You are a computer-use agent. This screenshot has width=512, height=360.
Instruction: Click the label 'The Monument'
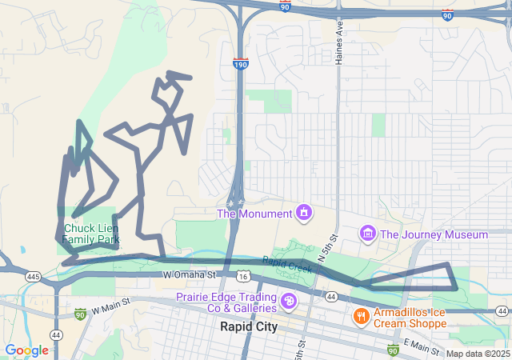(254, 214)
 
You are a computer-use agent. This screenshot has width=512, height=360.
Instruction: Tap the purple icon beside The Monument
(303, 213)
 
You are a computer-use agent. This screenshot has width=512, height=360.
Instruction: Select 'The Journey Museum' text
(434, 234)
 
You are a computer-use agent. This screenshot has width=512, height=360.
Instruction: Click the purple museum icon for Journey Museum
(367, 234)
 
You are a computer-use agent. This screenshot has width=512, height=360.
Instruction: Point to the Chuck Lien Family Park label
(91, 234)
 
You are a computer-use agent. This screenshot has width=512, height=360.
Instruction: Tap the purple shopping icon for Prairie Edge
(289, 302)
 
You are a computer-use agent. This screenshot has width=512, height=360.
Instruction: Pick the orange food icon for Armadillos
(361, 317)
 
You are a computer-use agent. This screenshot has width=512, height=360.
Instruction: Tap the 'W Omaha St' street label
(189, 274)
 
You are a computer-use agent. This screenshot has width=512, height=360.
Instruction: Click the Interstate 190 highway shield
(240, 63)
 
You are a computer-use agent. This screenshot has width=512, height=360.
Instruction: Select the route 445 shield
(32, 276)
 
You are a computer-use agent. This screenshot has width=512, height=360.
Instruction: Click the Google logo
(26, 350)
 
